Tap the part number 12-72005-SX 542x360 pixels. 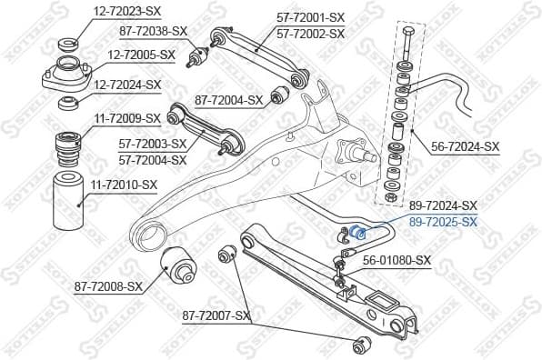[x=142, y=55]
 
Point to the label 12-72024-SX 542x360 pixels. [x=128, y=85]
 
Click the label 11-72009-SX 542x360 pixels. [x=127, y=118]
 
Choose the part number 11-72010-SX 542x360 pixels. [x=124, y=185]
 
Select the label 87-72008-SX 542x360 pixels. [x=109, y=286]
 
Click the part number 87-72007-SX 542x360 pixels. [x=216, y=315]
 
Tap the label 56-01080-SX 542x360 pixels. [x=396, y=260]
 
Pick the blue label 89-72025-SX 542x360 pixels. [x=443, y=222]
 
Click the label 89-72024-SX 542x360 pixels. [x=443, y=205]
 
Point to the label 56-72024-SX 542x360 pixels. [x=466, y=145]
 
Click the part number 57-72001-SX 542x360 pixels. [x=310, y=17]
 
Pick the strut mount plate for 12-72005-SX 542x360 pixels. [x=67, y=75]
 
